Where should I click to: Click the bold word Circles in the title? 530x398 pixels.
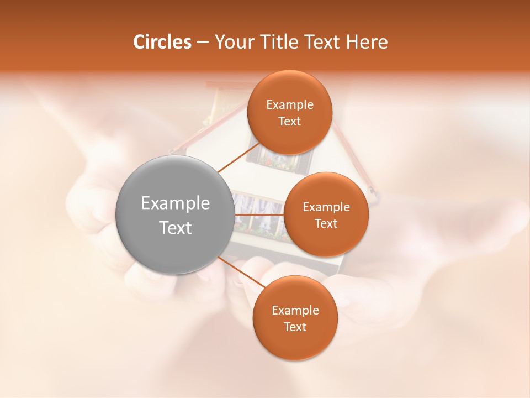tap(162, 42)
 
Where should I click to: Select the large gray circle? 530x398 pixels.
tap(174, 215)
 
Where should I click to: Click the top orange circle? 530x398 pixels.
tap(289, 113)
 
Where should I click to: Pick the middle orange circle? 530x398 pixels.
tap(326, 215)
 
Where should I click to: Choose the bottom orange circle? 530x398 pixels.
tap(295, 318)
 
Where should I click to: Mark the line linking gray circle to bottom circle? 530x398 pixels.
tap(239, 269)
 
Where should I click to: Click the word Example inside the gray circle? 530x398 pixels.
tap(176, 203)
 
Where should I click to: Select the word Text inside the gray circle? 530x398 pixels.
tap(176, 228)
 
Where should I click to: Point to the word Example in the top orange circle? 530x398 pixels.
tap(290, 105)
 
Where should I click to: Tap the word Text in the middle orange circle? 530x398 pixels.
tap(326, 224)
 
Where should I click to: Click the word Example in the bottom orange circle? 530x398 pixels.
tap(295, 311)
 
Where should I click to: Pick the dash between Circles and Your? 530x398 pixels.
tap(202, 43)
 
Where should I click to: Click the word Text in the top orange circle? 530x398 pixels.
tap(289, 122)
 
